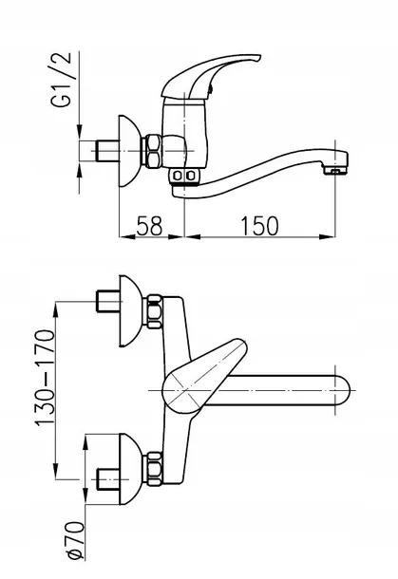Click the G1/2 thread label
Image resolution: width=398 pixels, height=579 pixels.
[61, 80]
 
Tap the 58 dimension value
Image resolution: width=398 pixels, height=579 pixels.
[150, 226]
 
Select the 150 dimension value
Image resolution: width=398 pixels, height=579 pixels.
[259, 226]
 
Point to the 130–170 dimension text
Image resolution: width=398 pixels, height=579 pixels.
[45, 378]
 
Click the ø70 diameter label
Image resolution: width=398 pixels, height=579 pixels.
[75, 540]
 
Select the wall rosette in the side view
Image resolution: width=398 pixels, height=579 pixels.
[130, 151]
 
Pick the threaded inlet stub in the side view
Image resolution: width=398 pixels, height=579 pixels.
[107, 151]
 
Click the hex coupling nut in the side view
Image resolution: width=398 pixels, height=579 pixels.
[153, 151]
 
